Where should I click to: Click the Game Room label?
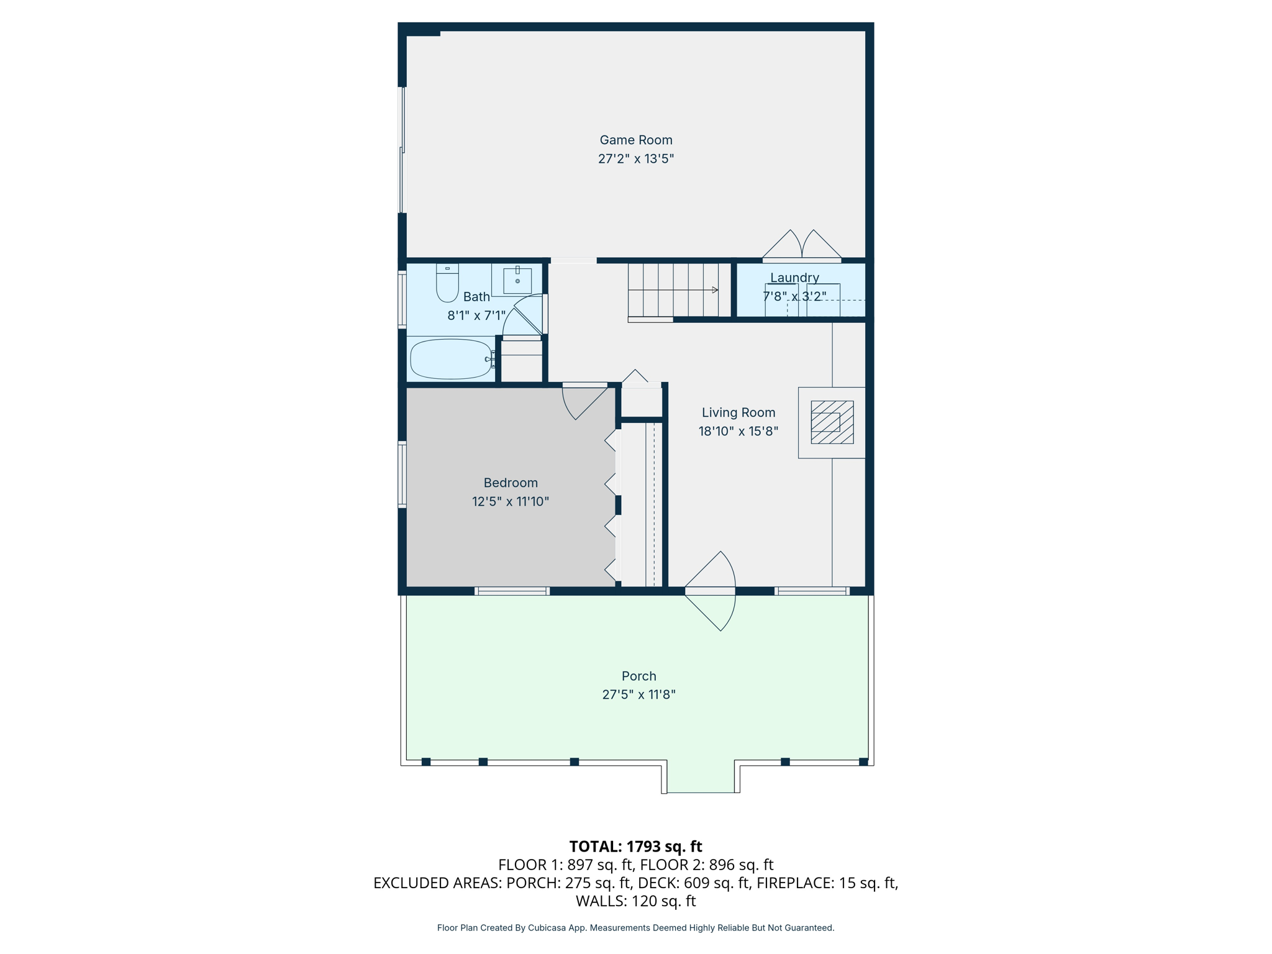[635, 140]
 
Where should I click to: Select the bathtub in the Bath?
[451, 359]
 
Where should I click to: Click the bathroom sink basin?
[517, 281]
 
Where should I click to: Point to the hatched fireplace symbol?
[832, 422]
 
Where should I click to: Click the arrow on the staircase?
[714, 290]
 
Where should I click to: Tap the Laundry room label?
[794, 278]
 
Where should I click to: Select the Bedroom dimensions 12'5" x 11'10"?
[510, 501]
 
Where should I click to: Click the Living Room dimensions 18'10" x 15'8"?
[738, 431]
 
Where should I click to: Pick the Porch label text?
[638, 676]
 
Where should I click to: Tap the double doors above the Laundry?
[801, 246]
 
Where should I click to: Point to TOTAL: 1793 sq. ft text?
[635, 847]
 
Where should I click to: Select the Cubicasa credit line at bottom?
[635, 928]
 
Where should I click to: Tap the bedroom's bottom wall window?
[512, 591]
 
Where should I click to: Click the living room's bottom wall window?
[812, 591]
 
